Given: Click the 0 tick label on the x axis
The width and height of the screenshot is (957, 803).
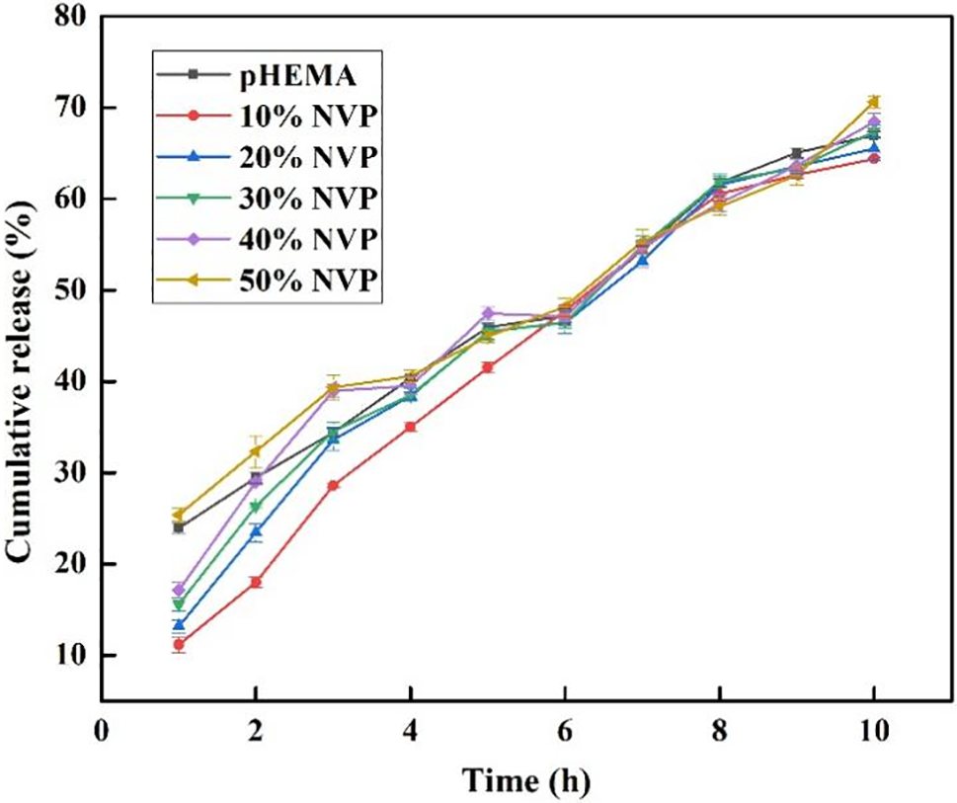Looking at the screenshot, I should [101, 733].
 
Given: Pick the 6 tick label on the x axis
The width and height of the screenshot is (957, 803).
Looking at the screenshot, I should [564, 733].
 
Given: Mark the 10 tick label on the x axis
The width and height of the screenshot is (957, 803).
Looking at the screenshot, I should [873, 733].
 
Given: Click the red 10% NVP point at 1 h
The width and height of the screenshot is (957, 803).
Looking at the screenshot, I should [178, 645].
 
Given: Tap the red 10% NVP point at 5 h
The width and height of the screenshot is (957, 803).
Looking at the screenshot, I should [488, 367].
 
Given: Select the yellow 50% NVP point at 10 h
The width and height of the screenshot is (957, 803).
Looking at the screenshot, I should [873, 101].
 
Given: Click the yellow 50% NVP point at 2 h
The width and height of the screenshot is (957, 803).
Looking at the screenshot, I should [255, 451].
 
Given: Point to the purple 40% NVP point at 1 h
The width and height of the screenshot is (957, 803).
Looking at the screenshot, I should [178, 589].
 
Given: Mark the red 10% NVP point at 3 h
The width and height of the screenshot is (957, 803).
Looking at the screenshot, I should [333, 486].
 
